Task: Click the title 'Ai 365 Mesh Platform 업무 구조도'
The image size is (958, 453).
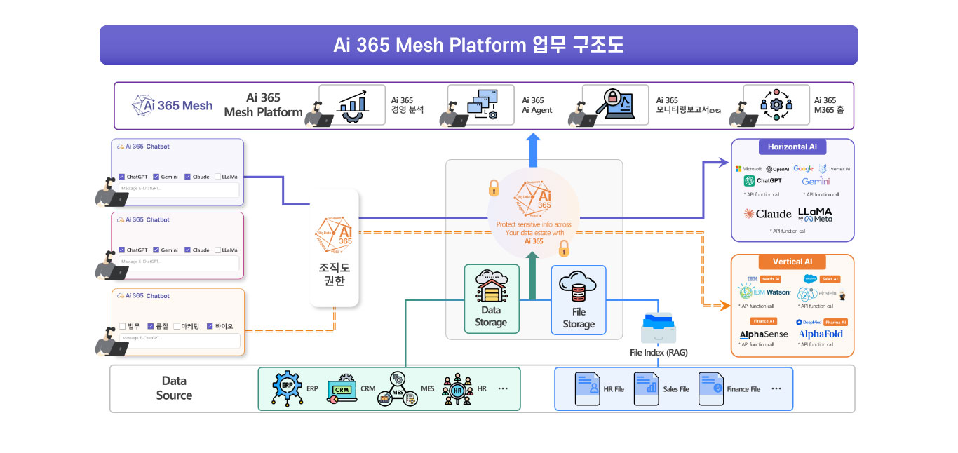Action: point(478,46)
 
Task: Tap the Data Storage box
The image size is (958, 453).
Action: point(491,299)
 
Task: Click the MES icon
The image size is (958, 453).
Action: point(398,388)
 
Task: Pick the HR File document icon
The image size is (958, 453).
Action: point(587,388)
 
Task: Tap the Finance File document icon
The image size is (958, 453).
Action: point(710,388)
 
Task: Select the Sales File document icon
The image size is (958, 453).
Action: point(646,388)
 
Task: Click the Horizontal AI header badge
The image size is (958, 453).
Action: point(792,147)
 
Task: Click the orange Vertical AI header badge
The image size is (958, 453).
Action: point(792,262)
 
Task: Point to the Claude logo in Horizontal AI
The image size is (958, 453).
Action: point(767,214)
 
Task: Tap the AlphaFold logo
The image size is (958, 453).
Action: point(821,334)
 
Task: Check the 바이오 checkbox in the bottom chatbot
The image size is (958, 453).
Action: point(210,326)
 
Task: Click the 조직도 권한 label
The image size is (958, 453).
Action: point(335,275)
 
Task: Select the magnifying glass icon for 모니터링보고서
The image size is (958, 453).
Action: point(607,105)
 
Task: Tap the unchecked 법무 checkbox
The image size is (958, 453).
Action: point(123,326)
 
